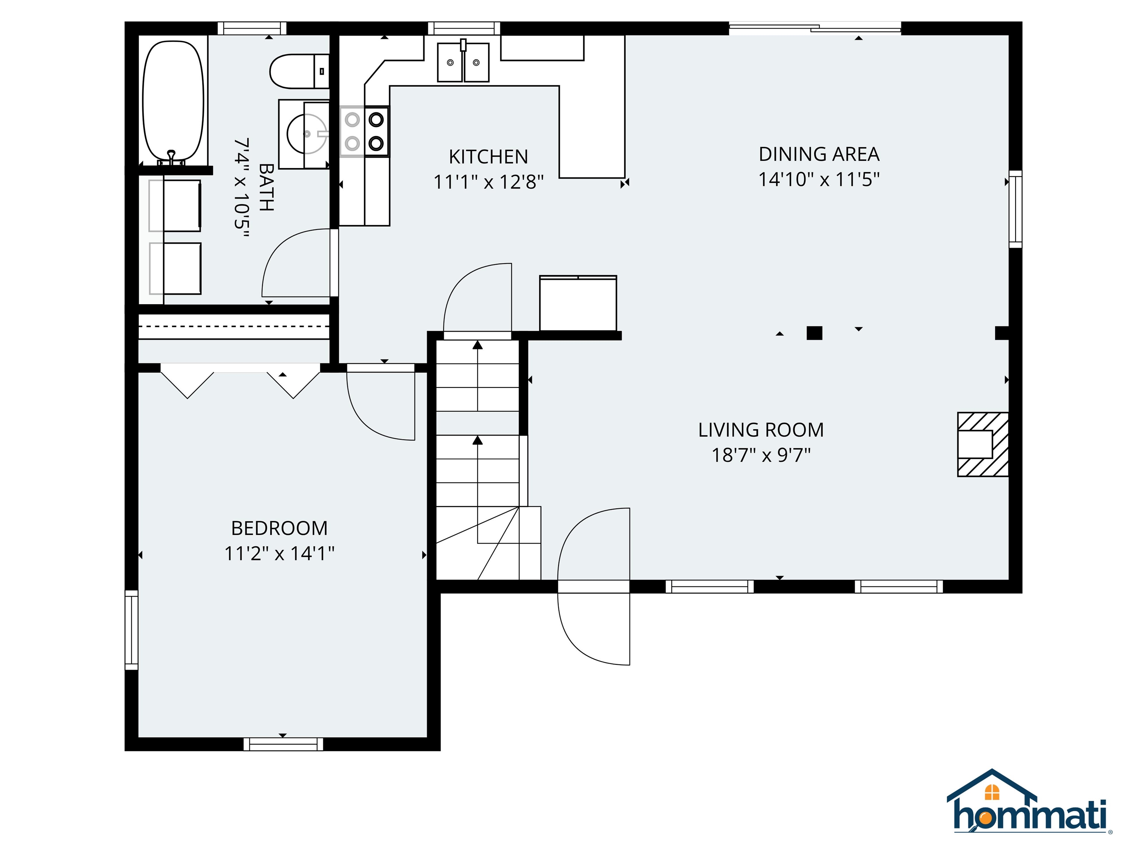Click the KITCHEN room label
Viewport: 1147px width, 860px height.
click(488, 156)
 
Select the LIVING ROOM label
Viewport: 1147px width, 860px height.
click(761, 430)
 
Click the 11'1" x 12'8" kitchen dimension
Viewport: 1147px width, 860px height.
click(488, 182)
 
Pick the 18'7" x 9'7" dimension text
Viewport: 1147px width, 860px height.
click(761, 455)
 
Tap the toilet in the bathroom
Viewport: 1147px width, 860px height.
click(299, 71)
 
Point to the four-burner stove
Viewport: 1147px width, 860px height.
click(364, 131)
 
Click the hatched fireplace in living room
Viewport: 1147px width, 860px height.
click(983, 444)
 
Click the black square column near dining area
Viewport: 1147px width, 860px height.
click(814, 333)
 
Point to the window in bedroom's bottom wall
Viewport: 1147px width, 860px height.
click(283, 744)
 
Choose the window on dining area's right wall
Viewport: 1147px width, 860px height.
click(1015, 209)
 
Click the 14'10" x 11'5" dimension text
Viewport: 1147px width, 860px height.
click(819, 180)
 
